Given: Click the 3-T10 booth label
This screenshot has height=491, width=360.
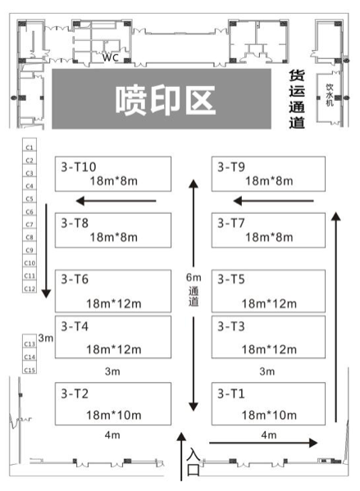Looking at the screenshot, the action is pos(79,167).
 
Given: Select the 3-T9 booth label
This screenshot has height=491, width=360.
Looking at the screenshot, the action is pos(231,167).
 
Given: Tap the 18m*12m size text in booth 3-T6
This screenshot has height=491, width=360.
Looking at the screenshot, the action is pos(114,303).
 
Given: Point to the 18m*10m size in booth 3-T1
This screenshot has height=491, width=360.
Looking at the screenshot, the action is pos(269,415).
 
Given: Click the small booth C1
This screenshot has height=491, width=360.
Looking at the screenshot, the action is pos(30,148).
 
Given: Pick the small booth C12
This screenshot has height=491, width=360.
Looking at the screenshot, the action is pos(30,288).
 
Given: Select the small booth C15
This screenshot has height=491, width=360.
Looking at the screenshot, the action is pos(30,370).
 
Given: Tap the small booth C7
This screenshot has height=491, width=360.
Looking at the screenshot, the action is pos(30,225).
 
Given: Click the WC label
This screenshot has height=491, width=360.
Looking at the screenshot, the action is pos(111,57).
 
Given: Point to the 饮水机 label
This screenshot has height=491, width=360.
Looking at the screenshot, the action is pos(330,95).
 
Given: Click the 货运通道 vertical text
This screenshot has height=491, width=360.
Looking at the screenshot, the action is pos(297,99).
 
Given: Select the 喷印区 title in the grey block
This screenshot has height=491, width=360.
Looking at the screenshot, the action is pos(165,100).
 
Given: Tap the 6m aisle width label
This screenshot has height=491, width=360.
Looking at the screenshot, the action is pos(194,277).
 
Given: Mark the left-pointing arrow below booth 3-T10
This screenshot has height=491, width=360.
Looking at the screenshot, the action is pos(116,201).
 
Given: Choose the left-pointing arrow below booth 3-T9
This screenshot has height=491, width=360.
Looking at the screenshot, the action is pos(274,201).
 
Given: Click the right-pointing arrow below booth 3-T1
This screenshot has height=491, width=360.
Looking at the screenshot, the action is pos(263,443).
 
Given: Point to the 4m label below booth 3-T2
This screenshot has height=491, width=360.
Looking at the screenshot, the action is pos(112,435).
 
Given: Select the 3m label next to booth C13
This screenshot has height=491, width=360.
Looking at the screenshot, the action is pos(46,339).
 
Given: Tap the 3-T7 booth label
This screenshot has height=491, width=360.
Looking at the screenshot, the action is pos(231,223).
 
